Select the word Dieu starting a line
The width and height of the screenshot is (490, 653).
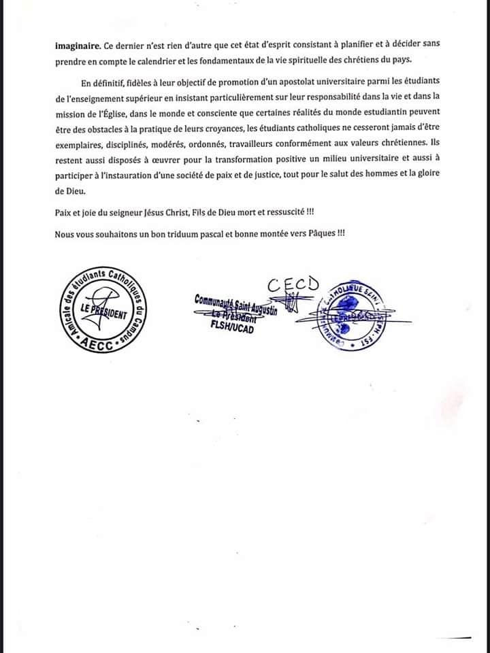[67, 192]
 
